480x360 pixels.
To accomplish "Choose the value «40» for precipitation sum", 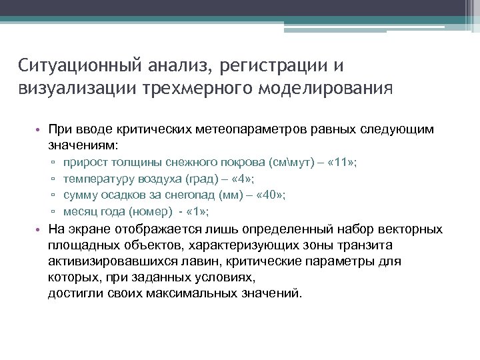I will pyautogui.click(x=277, y=195).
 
